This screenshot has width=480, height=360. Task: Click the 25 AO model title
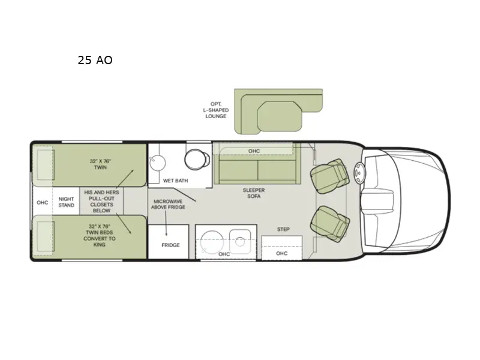(95, 60)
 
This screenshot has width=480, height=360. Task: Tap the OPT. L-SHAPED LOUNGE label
(215, 110)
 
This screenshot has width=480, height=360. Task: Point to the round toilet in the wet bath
(194, 158)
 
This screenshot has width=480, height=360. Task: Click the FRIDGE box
(171, 245)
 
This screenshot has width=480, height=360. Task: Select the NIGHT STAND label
(67, 202)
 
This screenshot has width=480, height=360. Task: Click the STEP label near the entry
(284, 229)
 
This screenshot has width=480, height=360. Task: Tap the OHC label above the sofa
(254, 151)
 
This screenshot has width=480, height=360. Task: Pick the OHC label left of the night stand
(42, 202)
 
